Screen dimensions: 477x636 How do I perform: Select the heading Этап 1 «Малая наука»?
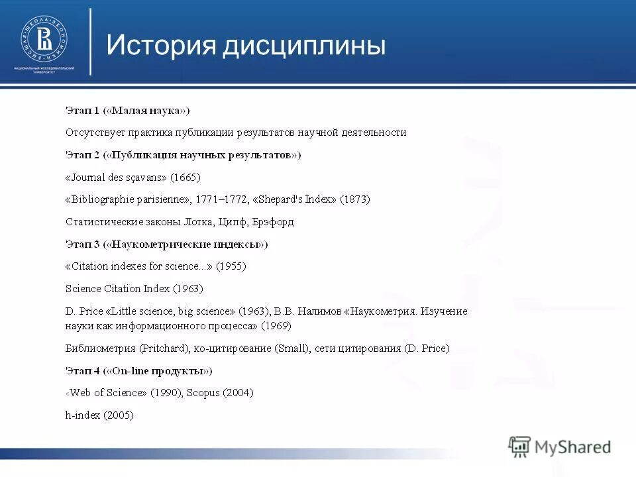point(128,110)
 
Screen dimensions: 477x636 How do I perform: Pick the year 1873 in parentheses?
point(355,199)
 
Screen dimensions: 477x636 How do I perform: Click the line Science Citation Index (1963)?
point(134,289)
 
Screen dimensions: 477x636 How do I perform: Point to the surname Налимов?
point(321,311)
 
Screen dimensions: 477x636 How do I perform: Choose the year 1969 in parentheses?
point(276,326)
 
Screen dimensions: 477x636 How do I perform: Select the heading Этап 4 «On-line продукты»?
point(139,370)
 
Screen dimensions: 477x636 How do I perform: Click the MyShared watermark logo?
point(560,447)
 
